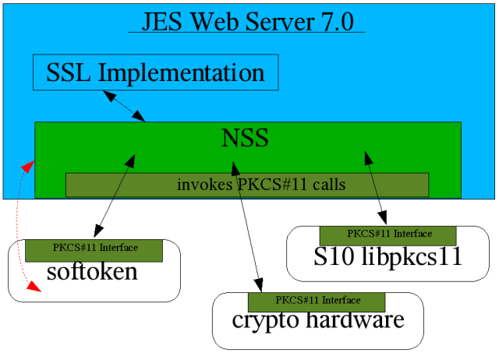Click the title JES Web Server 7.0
(x=246, y=21)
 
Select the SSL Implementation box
(x=155, y=73)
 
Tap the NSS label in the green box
(x=245, y=139)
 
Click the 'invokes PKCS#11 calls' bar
(x=247, y=185)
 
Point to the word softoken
(x=92, y=273)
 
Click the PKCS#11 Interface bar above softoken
(x=94, y=249)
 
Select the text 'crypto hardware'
(x=317, y=319)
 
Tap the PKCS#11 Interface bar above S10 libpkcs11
(x=388, y=234)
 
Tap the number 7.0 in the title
(x=340, y=21)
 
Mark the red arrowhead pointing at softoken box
(x=34, y=288)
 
